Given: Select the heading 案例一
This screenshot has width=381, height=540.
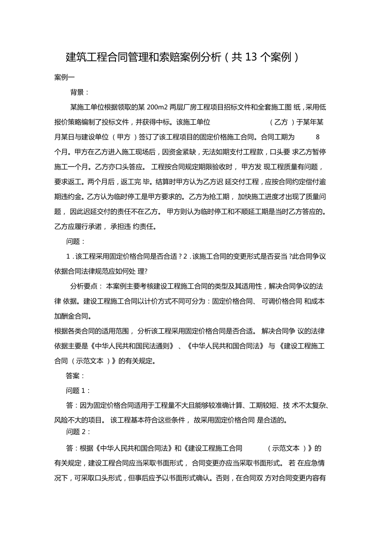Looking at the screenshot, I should [x=64, y=77].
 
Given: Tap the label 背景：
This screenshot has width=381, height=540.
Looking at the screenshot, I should [x=80, y=92].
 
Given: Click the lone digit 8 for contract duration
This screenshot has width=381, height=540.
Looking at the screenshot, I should [x=318, y=137].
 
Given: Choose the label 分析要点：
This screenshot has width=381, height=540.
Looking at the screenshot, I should [x=87, y=286].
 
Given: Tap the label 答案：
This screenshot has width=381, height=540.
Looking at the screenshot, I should [x=76, y=376].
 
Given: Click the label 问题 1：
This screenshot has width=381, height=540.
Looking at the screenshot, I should [x=78, y=390].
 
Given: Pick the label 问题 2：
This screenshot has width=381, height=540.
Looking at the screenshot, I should [x=78, y=432].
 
